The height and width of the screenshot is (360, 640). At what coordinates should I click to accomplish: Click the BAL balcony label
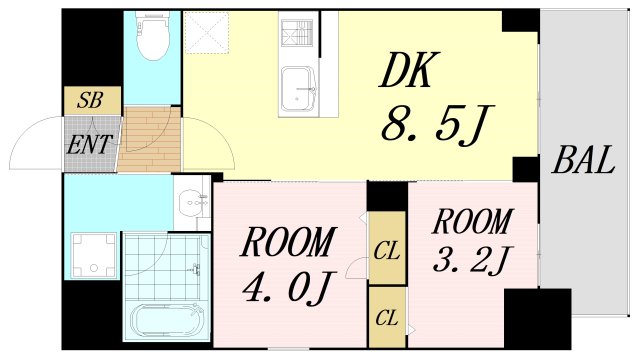tap(582, 161)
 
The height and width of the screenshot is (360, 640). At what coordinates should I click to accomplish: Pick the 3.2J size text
tap(473, 261)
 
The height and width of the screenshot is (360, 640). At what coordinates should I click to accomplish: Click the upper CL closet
tap(386, 248)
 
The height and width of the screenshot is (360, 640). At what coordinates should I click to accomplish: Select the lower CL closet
tap(386, 317)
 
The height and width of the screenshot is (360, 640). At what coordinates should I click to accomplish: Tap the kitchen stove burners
tap(297, 36)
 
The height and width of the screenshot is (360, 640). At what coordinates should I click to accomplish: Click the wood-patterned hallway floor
tap(150, 140)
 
